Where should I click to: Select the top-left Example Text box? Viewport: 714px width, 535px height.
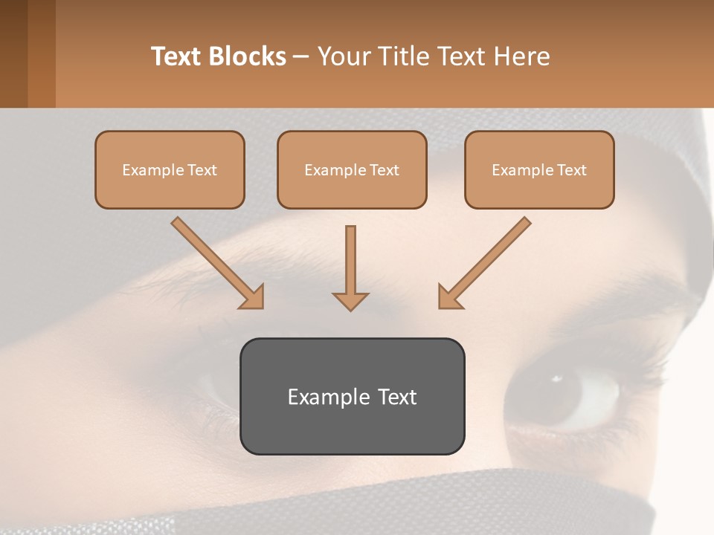click(x=170, y=169)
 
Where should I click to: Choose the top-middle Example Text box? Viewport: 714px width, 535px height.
click(x=352, y=169)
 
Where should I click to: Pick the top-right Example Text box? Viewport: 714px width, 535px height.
click(x=539, y=169)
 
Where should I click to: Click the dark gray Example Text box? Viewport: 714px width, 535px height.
click(x=352, y=396)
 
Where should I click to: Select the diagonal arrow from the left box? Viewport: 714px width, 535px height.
click(x=216, y=261)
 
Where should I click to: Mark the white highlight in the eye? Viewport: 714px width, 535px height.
click(x=556, y=379)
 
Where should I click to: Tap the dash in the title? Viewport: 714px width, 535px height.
click(x=301, y=57)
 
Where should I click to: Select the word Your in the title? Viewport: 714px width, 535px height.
click(x=343, y=56)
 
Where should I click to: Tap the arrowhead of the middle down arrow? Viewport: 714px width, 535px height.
click(x=350, y=300)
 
